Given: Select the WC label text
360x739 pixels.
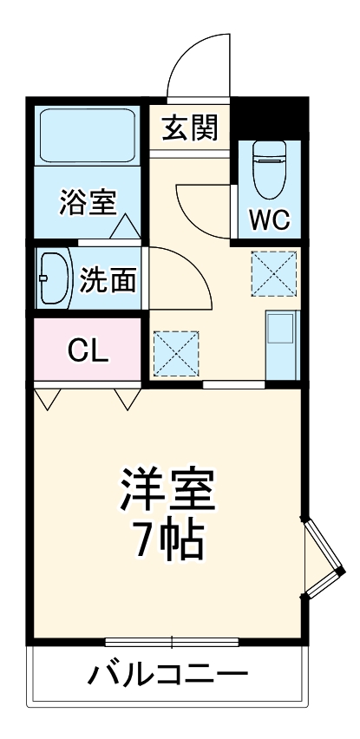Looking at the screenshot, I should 270,218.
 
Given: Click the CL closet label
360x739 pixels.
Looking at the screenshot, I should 88,350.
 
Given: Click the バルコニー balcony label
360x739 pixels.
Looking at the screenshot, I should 167,675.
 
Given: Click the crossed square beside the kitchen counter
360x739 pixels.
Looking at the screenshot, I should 273,272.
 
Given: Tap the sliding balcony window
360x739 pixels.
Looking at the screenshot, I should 172,643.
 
